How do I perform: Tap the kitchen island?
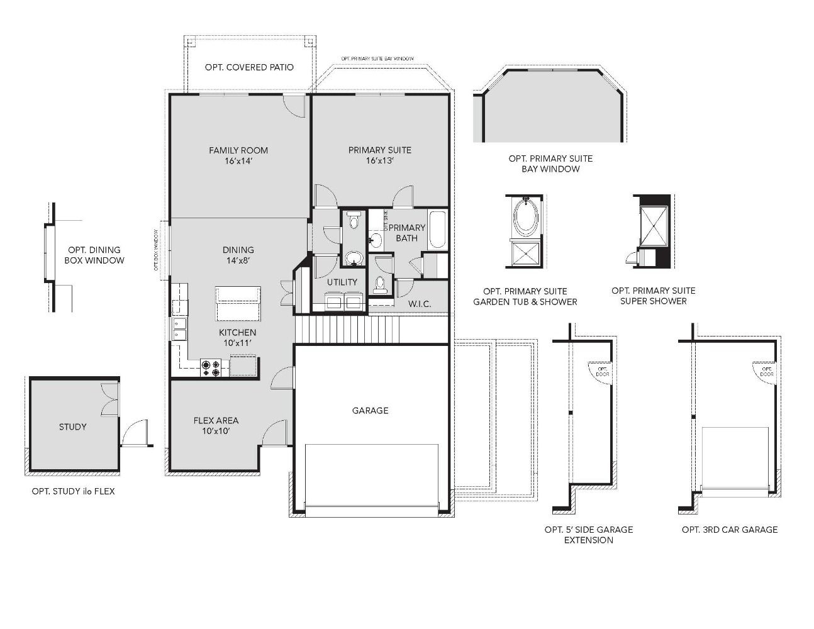(x=238, y=303)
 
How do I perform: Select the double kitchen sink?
(x=179, y=330)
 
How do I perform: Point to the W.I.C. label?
(x=420, y=304)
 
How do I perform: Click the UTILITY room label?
(x=342, y=282)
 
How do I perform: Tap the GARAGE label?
(x=370, y=411)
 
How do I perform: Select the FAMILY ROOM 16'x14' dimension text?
(x=238, y=161)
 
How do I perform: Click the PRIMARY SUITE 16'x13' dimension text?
(x=380, y=161)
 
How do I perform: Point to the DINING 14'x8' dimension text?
(x=238, y=260)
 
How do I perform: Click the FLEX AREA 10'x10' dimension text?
(x=216, y=431)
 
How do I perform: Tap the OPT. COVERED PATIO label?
(x=249, y=67)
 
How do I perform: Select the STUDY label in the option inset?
(x=73, y=427)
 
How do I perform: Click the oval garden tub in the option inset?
(x=526, y=218)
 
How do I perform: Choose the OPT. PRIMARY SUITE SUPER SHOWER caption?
(x=653, y=296)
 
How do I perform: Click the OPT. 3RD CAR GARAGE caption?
(x=730, y=530)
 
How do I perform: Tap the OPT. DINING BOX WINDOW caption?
(x=94, y=255)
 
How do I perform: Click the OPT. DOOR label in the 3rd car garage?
(x=767, y=372)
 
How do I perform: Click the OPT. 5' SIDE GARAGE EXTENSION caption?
(x=589, y=535)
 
